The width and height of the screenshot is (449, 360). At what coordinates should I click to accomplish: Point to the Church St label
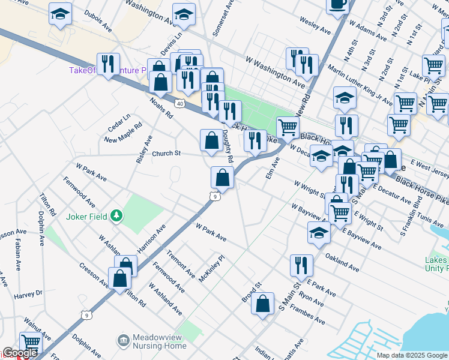click(166, 154)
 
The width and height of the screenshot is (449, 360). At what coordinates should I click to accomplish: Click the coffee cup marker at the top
click(337, 4)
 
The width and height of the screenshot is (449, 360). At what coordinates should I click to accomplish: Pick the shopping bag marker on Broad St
click(263, 304)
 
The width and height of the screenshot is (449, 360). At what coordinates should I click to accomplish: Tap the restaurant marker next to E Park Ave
click(301, 265)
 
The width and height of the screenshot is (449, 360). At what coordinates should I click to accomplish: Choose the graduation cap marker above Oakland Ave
click(319, 233)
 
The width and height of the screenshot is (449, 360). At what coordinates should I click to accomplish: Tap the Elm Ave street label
click(273, 170)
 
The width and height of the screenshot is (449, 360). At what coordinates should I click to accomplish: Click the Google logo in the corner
click(19, 353)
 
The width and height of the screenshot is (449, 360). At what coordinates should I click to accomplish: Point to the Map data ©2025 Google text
click(411, 355)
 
